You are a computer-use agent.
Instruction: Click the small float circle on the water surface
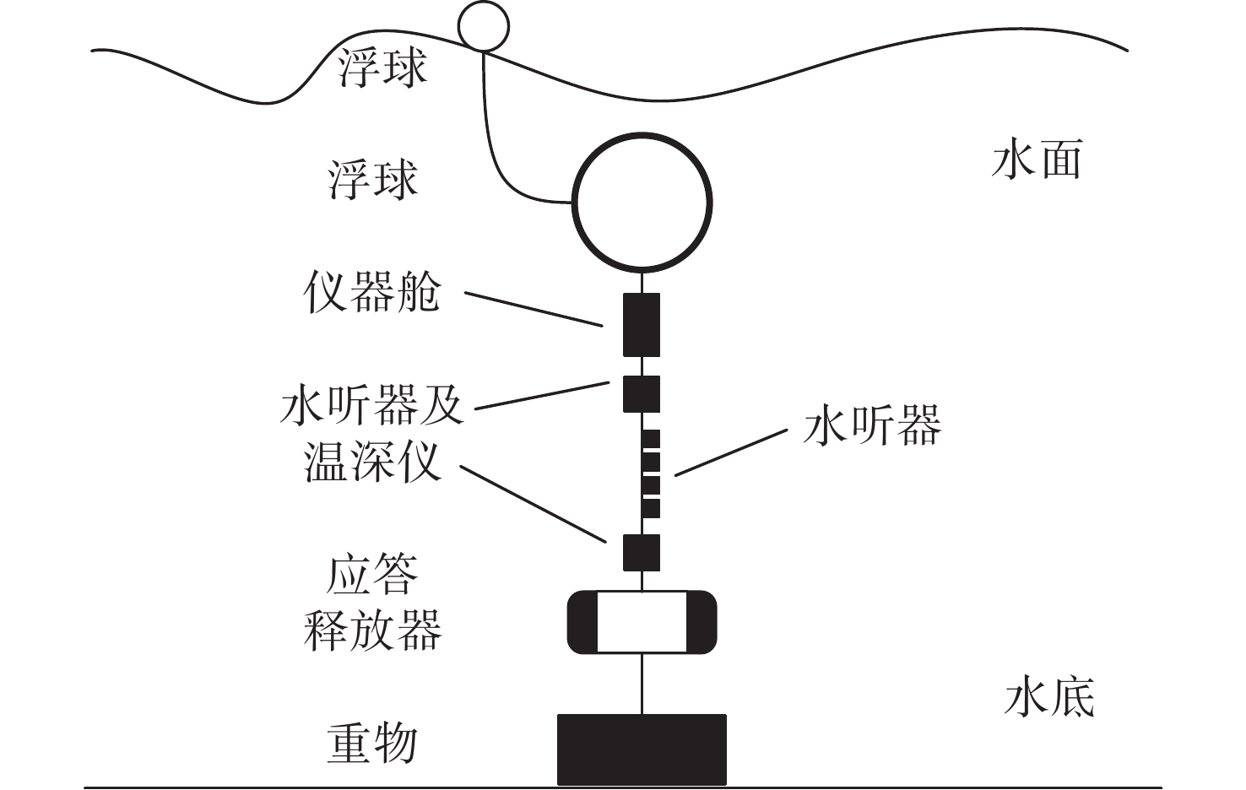(484, 26)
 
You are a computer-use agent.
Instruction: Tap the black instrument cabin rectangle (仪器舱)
(642, 325)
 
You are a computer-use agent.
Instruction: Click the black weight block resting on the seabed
(642, 749)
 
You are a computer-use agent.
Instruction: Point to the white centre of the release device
(642, 623)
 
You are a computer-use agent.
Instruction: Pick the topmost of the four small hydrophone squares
(651, 439)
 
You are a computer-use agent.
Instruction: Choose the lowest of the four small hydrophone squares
(651, 508)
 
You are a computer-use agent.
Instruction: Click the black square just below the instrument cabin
(642, 393)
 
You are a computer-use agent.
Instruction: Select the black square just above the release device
(642, 553)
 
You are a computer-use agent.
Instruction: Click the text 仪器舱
(372, 293)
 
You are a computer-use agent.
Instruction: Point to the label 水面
(1037, 160)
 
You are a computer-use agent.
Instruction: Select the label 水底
(1049, 699)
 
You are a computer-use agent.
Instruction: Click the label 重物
(372, 744)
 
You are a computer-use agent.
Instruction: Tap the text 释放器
(372, 630)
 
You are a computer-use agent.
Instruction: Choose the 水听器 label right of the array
(872, 425)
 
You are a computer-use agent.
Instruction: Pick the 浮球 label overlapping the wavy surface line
(382, 68)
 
